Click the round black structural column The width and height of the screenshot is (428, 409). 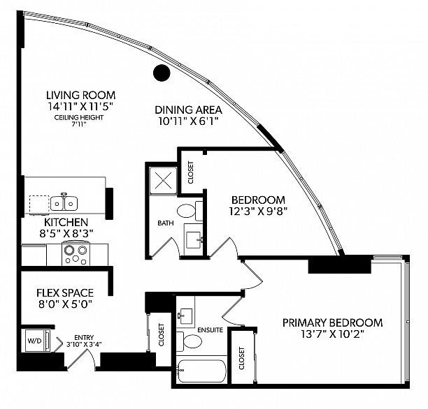(x=162, y=73)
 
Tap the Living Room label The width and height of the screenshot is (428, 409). (x=81, y=96)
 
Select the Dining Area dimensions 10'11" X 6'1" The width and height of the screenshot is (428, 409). (x=189, y=121)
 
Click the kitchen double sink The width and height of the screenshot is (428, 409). (x=64, y=202)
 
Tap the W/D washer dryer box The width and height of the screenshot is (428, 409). (x=37, y=341)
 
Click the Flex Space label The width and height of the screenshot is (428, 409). (x=65, y=293)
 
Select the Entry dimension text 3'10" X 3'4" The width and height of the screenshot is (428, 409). (x=84, y=344)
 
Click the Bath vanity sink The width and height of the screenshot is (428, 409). (x=194, y=239)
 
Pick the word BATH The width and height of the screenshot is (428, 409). (x=166, y=223)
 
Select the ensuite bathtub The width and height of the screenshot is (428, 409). (x=201, y=371)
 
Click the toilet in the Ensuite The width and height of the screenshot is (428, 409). (x=189, y=341)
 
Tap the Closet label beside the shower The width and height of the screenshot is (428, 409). (x=190, y=173)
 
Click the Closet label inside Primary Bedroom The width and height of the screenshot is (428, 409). (x=241, y=358)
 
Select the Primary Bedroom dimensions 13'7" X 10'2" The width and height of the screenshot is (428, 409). (x=332, y=334)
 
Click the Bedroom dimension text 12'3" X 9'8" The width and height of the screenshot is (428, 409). (x=258, y=211)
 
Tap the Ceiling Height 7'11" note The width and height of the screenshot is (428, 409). (x=79, y=121)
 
